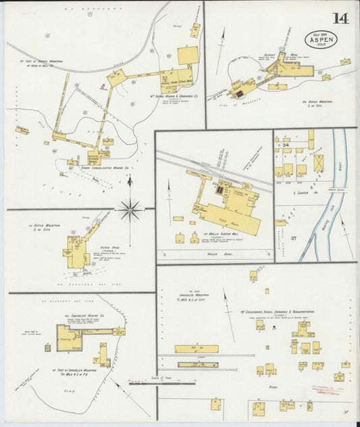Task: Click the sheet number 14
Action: click(340, 18)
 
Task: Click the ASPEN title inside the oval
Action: click(319, 40)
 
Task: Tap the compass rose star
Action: click(130, 209)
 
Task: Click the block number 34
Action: click(286, 145)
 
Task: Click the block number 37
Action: click(294, 238)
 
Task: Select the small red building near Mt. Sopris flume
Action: click(102, 86)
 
